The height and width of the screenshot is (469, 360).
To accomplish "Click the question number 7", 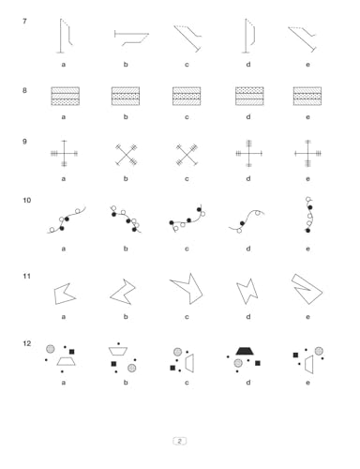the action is [24, 22].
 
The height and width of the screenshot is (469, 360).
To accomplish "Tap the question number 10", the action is [26, 200].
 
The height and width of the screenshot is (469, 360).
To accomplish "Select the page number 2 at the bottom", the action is [179, 441].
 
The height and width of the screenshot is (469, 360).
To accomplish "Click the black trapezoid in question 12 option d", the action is [245, 351].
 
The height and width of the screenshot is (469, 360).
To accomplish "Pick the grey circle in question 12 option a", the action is [51, 349].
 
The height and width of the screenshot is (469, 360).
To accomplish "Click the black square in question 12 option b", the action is [113, 364].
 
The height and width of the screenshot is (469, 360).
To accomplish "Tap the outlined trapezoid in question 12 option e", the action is [309, 364].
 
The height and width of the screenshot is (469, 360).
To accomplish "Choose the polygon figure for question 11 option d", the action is [247, 291].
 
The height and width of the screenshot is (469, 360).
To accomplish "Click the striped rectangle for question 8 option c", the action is [187, 96].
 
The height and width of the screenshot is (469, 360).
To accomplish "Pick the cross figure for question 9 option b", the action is [126, 155].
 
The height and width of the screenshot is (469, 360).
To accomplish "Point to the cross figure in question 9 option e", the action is [307, 153].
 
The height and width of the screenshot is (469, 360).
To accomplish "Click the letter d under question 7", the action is [248, 65].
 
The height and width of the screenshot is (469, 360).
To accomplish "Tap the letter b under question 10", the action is [126, 249].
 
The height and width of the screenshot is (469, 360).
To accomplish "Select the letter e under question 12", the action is [307, 383].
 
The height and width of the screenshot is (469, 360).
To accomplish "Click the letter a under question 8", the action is [64, 117].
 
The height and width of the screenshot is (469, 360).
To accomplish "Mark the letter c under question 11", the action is [187, 317].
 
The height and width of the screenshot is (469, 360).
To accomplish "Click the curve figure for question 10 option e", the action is [308, 216].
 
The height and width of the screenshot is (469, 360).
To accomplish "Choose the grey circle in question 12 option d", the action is [238, 363].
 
